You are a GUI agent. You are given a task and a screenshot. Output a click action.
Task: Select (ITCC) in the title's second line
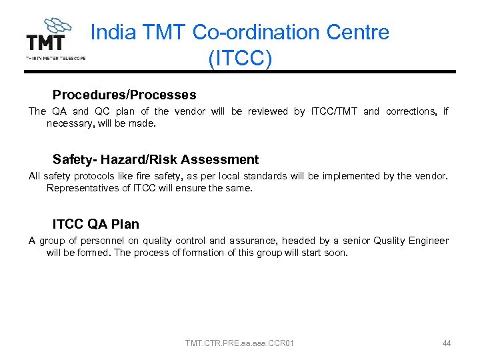(240, 59)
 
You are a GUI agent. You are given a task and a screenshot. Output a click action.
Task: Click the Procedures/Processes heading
(124, 95)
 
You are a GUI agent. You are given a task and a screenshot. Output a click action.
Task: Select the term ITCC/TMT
(334, 111)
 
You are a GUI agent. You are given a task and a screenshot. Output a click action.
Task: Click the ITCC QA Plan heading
(95, 224)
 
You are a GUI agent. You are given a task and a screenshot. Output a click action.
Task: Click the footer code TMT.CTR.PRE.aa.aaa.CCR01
(239, 343)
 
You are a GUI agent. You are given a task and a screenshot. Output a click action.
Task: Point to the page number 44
(446, 343)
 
